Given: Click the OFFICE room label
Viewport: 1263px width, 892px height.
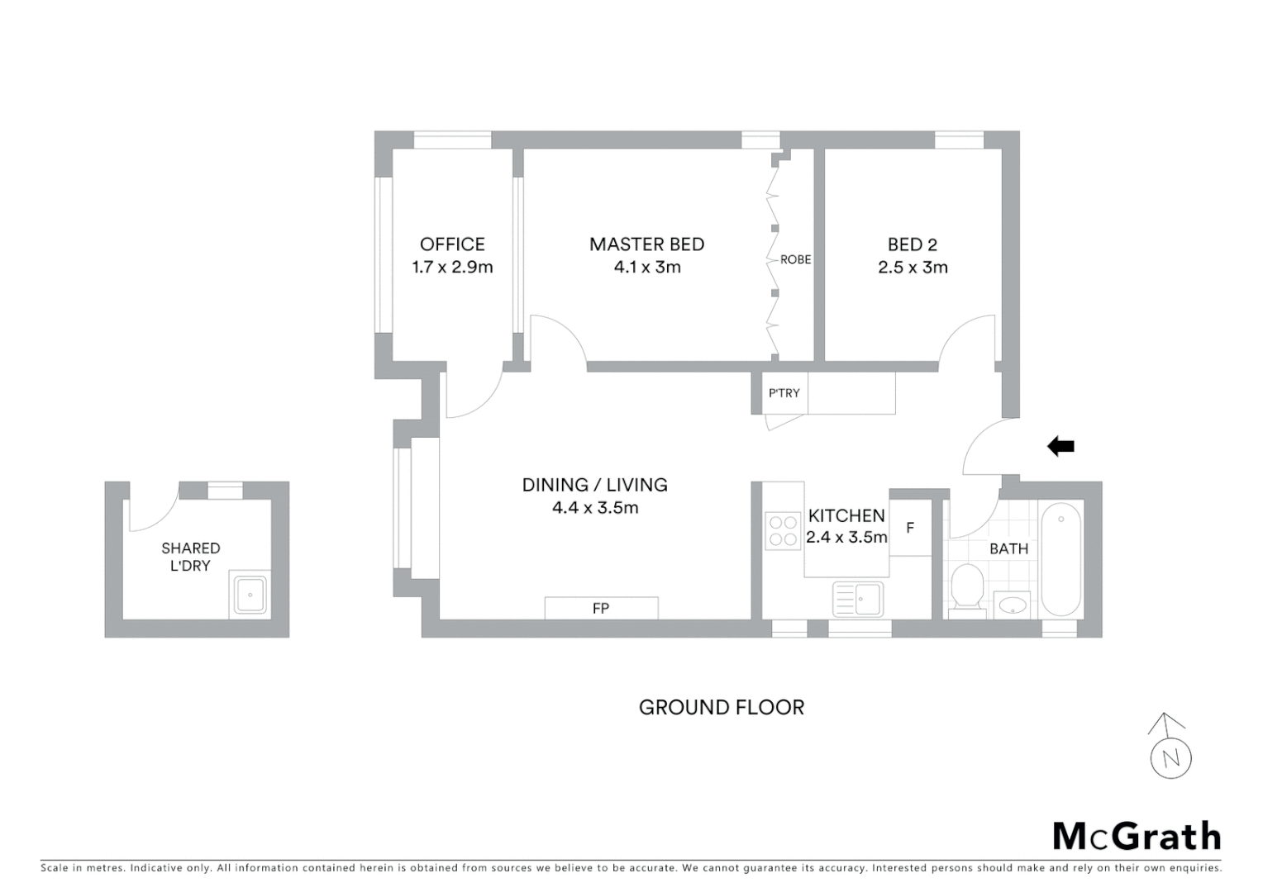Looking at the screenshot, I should tap(452, 244).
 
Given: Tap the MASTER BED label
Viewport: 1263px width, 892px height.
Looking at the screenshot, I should tap(646, 244).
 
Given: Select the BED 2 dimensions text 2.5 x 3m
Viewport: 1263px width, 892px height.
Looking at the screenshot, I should tap(913, 268).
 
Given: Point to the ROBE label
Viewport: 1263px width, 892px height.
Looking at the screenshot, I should tap(795, 259).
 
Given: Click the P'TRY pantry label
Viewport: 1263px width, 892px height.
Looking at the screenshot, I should tap(784, 393).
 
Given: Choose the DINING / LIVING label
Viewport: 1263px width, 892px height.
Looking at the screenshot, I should tap(594, 485).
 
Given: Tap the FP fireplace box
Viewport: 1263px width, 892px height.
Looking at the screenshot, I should tap(601, 608).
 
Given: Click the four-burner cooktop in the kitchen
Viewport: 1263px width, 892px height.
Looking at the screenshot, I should tap(782, 531).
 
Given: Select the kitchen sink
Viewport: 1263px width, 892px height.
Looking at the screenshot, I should tap(858, 599).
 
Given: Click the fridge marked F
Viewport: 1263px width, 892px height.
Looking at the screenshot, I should tap(910, 528).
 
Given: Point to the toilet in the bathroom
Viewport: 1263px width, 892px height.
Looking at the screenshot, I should tap(965, 589).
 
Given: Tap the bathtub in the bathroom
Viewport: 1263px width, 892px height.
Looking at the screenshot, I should tap(1060, 559).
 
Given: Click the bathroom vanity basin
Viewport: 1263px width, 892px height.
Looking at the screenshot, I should tap(1012, 605).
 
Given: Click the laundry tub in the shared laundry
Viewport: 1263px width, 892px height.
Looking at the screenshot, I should tap(250, 594).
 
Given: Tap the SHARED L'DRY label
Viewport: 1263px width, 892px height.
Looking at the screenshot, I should tap(190, 557).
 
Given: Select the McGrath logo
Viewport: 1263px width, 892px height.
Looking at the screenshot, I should tap(1136, 836).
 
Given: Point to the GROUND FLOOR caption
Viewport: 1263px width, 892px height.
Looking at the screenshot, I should tap(721, 708).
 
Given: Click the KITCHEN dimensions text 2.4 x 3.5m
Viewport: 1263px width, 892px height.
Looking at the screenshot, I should tap(846, 538).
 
